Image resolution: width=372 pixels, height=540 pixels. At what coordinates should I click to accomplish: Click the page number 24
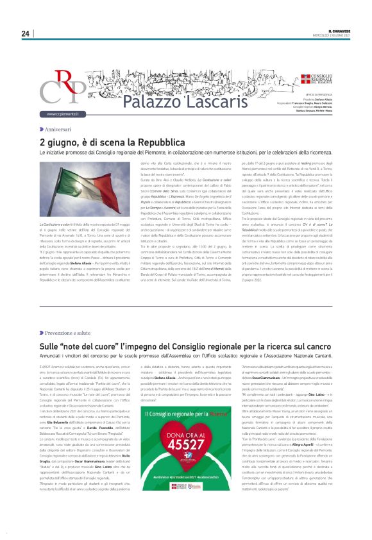pos(25,34)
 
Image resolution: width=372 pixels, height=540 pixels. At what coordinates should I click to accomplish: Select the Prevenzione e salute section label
pos(67,333)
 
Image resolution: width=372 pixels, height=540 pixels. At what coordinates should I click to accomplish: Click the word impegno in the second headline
pos(126,346)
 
